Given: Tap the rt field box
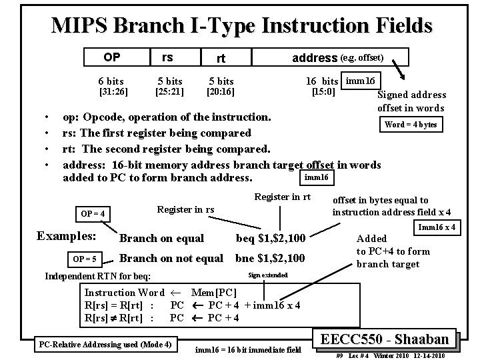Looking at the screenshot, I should [x=221, y=58].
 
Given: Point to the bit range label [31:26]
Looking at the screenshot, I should [x=113, y=91].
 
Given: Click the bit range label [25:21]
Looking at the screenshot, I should [x=169, y=91].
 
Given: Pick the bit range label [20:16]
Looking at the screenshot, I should [x=221, y=91].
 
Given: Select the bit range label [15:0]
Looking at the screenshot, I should [x=325, y=91].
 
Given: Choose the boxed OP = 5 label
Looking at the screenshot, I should [x=84, y=259].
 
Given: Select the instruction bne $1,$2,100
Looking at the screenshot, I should [x=271, y=258].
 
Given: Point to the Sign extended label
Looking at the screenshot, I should [x=267, y=275].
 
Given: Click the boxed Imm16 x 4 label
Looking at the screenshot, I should [x=437, y=227].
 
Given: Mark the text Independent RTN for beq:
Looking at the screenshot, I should [x=97, y=276].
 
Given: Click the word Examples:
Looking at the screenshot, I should [x=66, y=236].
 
